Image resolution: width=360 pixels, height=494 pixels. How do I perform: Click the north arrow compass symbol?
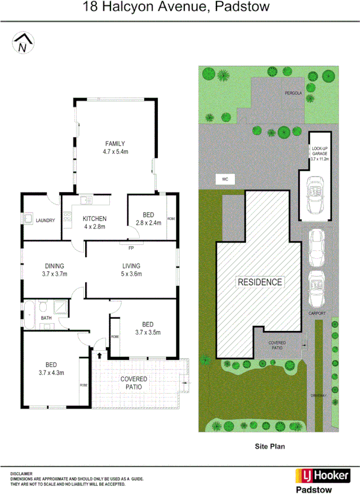coord(23,43)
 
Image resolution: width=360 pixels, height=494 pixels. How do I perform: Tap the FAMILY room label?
coord(115,147)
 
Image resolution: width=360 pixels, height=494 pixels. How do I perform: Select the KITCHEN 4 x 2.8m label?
coord(95,223)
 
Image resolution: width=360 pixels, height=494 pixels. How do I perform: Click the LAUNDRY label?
coord(45,220)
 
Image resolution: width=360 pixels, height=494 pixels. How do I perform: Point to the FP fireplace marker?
coord(131,248)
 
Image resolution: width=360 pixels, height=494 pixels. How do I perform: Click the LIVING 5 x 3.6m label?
coord(131,270)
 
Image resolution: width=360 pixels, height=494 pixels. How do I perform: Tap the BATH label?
coord(46,318)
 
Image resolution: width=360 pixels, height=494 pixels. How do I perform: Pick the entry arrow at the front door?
coord(100,355)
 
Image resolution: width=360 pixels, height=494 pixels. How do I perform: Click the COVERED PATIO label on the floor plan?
coord(134,383)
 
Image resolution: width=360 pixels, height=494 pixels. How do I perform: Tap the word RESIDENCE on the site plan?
coord(260,282)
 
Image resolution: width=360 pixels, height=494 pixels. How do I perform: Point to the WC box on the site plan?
coord(224,179)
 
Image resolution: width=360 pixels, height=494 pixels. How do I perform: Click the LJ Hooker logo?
coord(323,475)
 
